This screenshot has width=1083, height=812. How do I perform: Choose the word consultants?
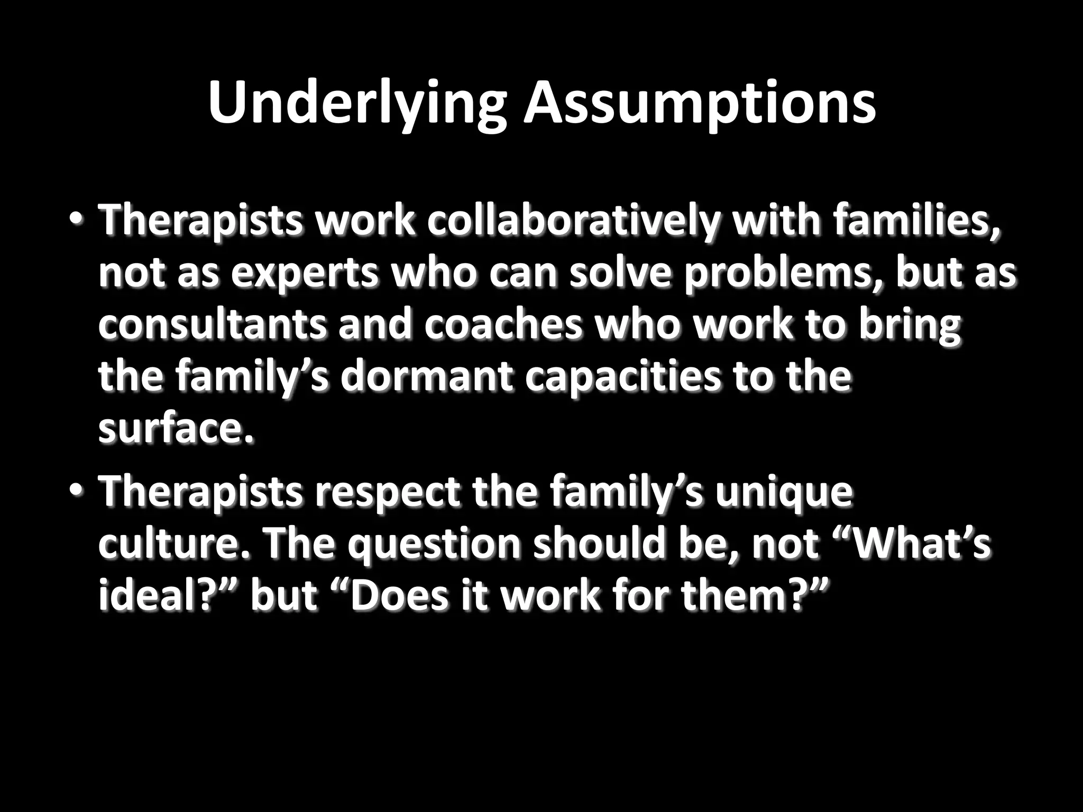point(212,326)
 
